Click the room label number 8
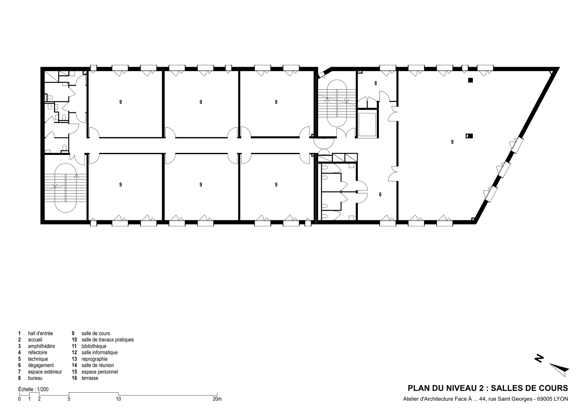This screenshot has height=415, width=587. point(376,83)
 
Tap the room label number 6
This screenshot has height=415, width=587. point(380,195)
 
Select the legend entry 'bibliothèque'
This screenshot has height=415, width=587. point(94,346)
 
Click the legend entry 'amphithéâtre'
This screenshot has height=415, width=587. point(41,346)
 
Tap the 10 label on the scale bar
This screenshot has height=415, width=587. point(118,399)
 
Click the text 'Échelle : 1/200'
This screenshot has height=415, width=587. point(33,389)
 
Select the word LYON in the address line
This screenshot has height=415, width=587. point(561,399)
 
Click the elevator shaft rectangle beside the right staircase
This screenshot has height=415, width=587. point(367,124)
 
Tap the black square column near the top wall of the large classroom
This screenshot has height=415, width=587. point(470,80)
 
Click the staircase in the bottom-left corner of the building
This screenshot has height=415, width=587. point(65,188)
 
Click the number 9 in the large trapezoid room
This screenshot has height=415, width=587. point(452,142)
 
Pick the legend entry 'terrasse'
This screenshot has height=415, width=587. point(90,378)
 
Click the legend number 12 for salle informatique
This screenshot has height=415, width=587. point(75,352)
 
